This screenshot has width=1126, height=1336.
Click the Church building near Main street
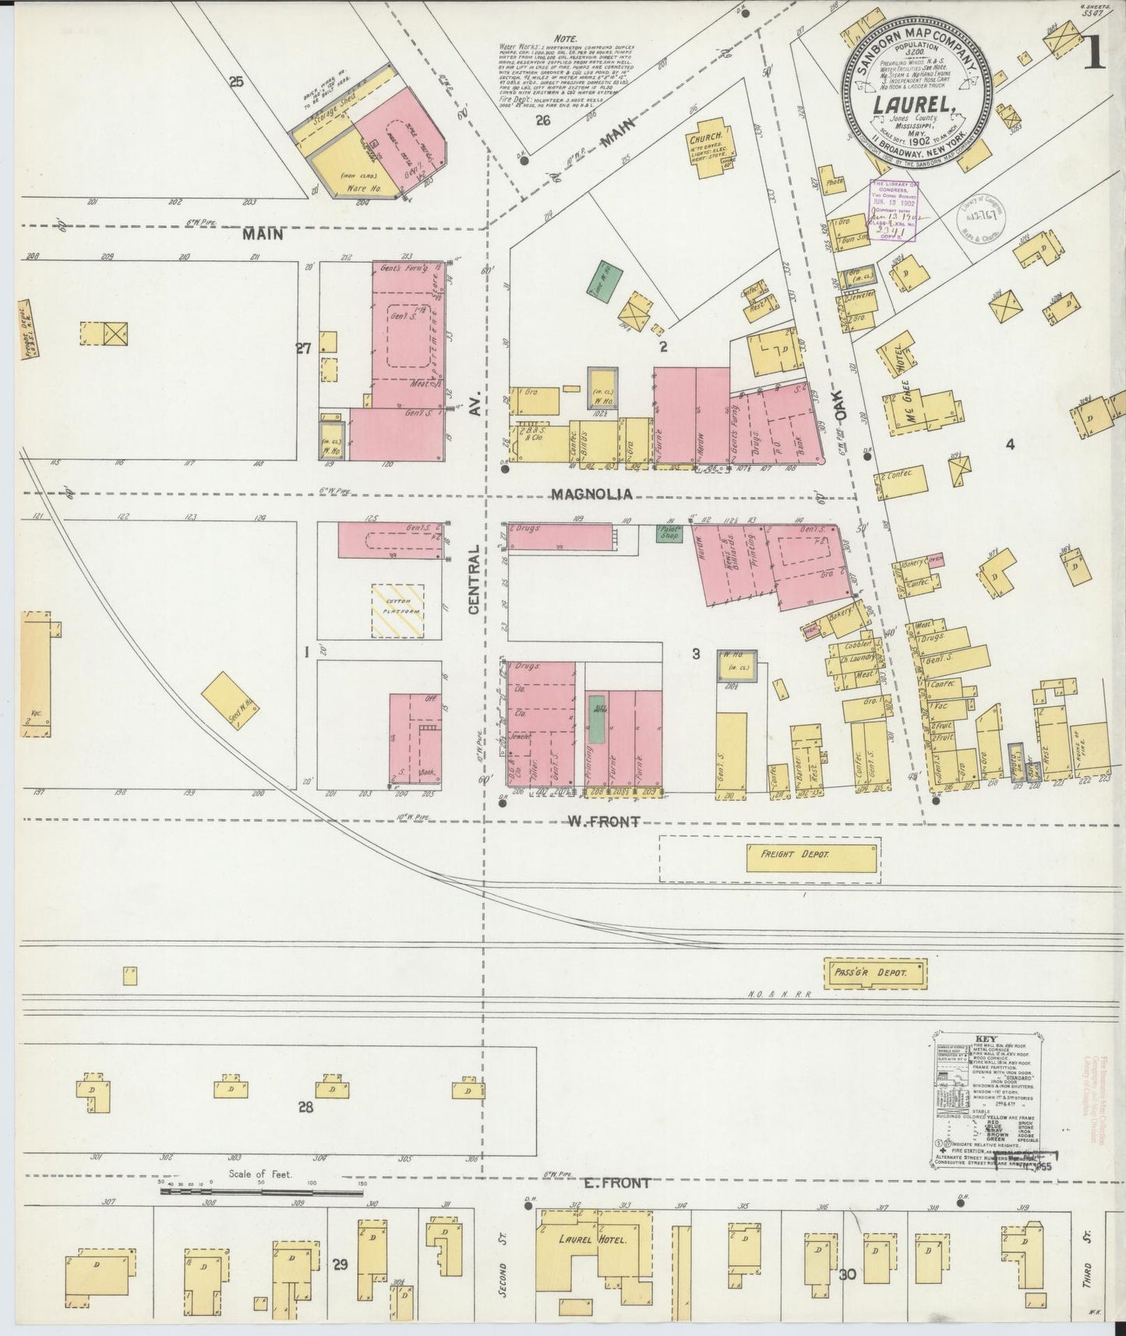tap(707, 142)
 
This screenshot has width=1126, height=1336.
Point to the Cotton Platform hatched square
tap(398, 611)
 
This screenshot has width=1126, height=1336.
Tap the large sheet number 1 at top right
tap(1095, 56)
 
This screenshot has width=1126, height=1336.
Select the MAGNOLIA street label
tap(590, 494)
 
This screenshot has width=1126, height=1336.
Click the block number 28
tap(305, 1107)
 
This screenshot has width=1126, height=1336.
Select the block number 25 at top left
tap(237, 81)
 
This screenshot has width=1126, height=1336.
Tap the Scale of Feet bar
tap(259, 1192)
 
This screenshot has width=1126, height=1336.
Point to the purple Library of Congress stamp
tap(894, 211)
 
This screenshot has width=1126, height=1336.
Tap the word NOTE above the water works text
tap(565, 37)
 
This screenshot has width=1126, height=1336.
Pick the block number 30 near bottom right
tap(849, 1275)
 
